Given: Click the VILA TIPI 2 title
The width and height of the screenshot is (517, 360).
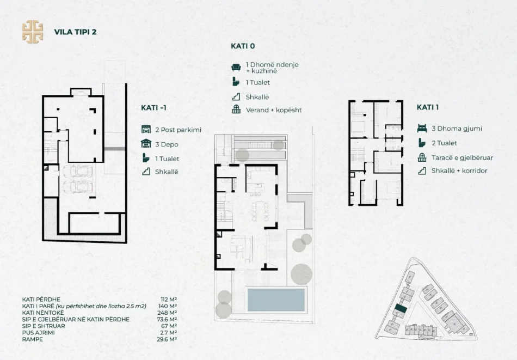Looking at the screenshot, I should pyautogui.click(x=75, y=32).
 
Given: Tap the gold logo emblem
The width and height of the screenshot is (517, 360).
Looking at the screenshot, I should pyautogui.click(x=32, y=31).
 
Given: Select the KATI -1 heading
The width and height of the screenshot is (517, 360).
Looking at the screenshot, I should pyautogui.click(x=153, y=108).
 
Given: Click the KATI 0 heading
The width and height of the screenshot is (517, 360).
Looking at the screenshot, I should pyautogui.click(x=243, y=46).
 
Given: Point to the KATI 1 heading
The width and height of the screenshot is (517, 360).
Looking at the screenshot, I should pyautogui.click(x=428, y=107).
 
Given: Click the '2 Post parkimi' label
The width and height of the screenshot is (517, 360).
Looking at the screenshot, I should pyautogui.click(x=178, y=130).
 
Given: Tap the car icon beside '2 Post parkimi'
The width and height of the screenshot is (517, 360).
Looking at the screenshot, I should pyautogui.click(x=145, y=130).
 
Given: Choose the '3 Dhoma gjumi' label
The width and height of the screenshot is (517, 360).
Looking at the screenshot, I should pyautogui.click(x=457, y=129).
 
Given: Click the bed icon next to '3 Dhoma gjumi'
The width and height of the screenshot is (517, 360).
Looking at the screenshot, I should pyautogui.click(x=421, y=129).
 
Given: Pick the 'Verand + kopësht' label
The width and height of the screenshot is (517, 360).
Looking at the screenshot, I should pyautogui.click(x=273, y=110).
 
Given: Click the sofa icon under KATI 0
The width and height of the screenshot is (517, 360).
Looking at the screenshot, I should pyautogui.click(x=236, y=67).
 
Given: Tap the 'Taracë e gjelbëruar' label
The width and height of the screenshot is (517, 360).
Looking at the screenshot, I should pyautogui.click(x=462, y=157).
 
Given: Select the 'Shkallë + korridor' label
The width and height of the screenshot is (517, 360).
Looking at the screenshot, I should pyautogui.click(x=459, y=171).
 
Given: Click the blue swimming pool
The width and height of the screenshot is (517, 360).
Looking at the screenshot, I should pyautogui.click(x=276, y=300).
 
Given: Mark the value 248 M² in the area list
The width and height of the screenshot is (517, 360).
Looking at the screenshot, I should pyautogui.click(x=168, y=313).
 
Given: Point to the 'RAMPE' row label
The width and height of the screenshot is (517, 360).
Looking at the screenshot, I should pyautogui.click(x=33, y=339).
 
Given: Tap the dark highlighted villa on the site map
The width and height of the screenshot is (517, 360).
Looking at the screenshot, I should pyautogui.click(x=401, y=309).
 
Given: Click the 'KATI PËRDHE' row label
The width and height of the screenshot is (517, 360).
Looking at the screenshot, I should pyautogui.click(x=41, y=300).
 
